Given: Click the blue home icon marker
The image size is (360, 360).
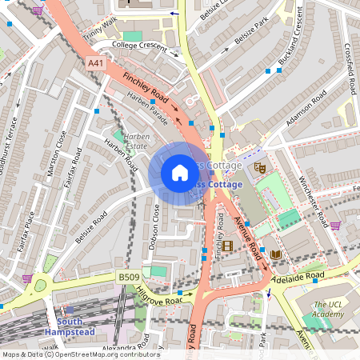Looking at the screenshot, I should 180,173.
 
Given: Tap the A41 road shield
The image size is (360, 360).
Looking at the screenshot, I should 96,63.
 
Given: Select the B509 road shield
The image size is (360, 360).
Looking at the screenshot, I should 129,277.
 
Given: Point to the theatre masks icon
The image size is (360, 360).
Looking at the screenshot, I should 259,167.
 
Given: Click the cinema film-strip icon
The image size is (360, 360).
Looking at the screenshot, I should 227,246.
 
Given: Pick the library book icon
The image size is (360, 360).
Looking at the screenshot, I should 275,254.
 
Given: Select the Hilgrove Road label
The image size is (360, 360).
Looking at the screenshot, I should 158,298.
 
